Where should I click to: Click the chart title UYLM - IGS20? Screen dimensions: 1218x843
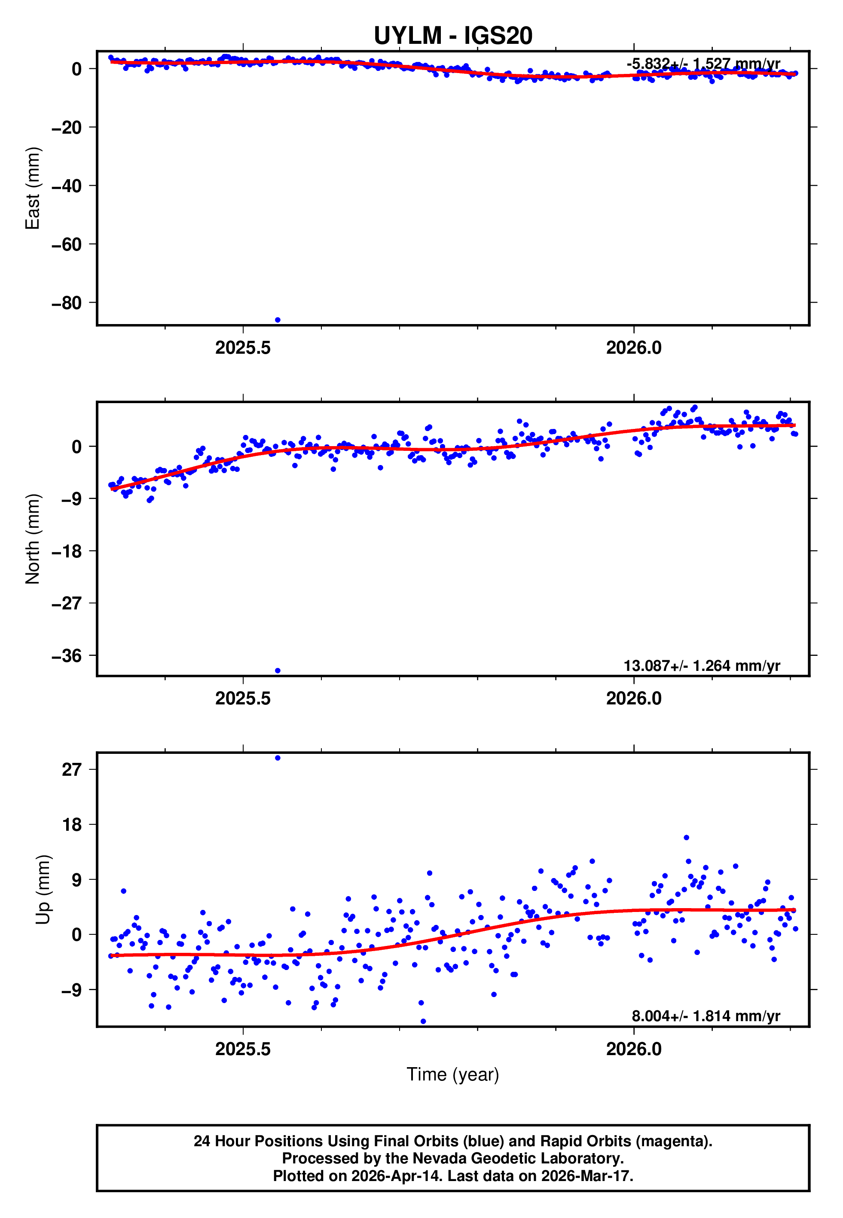coord(453,36)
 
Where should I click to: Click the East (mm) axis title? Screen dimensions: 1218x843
coord(33,188)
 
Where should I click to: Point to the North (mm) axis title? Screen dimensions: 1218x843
coord(33,539)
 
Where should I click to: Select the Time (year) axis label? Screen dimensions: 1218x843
coord(453,1074)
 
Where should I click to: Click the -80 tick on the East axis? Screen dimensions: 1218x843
coord(67,303)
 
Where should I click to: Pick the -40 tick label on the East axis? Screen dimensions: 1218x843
coord(67,186)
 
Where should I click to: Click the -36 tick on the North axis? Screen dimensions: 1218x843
coord(67,656)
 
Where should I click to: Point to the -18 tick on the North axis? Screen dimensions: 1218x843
coord(67,551)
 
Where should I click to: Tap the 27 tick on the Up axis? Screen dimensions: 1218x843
coord(72,770)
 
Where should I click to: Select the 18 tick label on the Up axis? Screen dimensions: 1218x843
coord(72,824)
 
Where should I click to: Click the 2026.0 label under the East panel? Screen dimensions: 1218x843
coord(633,348)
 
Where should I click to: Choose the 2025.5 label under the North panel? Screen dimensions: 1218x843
coord(242,699)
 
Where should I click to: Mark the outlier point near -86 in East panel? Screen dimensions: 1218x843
coord(278,320)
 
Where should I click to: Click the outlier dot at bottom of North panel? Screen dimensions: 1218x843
coord(278,671)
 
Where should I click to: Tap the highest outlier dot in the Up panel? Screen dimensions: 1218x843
coord(278,758)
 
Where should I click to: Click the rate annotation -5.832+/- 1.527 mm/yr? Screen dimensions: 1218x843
coord(703,64)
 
